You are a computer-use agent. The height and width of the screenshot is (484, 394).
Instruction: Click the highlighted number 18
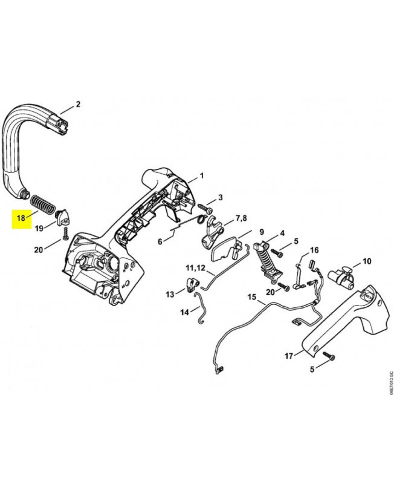pyautogui.click(x=21, y=217)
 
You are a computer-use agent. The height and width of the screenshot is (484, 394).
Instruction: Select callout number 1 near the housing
pyautogui.click(x=202, y=176)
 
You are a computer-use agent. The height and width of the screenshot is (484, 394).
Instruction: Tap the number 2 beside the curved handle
pyautogui.click(x=77, y=104)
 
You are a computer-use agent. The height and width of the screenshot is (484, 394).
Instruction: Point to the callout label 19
pyautogui.click(x=39, y=228)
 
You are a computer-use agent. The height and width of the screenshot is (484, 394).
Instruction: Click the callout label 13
pyautogui.click(x=171, y=294)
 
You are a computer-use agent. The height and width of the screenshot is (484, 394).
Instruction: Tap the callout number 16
pyautogui.click(x=314, y=250)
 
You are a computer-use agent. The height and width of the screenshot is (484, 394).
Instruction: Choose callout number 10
pyautogui.click(x=367, y=261)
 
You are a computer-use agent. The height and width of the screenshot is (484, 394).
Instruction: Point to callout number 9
pyautogui.click(x=262, y=232)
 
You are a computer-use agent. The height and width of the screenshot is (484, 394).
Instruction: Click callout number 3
pyautogui.click(x=221, y=197)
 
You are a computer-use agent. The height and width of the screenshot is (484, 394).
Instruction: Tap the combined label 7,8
pyautogui.click(x=242, y=217)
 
